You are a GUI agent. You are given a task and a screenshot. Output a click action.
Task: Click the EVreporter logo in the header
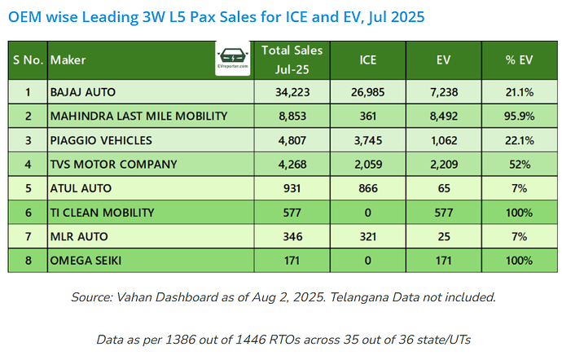233,58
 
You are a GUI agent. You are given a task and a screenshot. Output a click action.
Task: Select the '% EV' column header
519,60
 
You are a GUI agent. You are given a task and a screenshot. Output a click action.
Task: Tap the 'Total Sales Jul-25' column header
292,60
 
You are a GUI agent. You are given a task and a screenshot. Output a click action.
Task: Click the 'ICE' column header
367,60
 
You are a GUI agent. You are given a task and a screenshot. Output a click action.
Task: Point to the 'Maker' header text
68,60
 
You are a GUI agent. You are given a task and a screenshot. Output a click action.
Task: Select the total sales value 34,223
292,92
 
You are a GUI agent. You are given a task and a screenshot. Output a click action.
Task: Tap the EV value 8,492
444,116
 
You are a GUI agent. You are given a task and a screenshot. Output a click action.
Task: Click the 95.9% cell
519,116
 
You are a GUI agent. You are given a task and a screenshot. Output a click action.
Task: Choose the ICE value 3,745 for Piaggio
367,140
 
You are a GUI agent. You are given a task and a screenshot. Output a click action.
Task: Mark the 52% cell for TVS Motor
519,165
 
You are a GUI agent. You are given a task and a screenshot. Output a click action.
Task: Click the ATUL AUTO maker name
81,188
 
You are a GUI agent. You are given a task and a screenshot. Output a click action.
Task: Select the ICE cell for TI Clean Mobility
367,213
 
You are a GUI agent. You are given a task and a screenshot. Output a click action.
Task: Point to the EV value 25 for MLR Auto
444,237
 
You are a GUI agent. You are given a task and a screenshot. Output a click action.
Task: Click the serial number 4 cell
28,165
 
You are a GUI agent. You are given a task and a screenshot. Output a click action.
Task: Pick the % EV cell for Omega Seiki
519,261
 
